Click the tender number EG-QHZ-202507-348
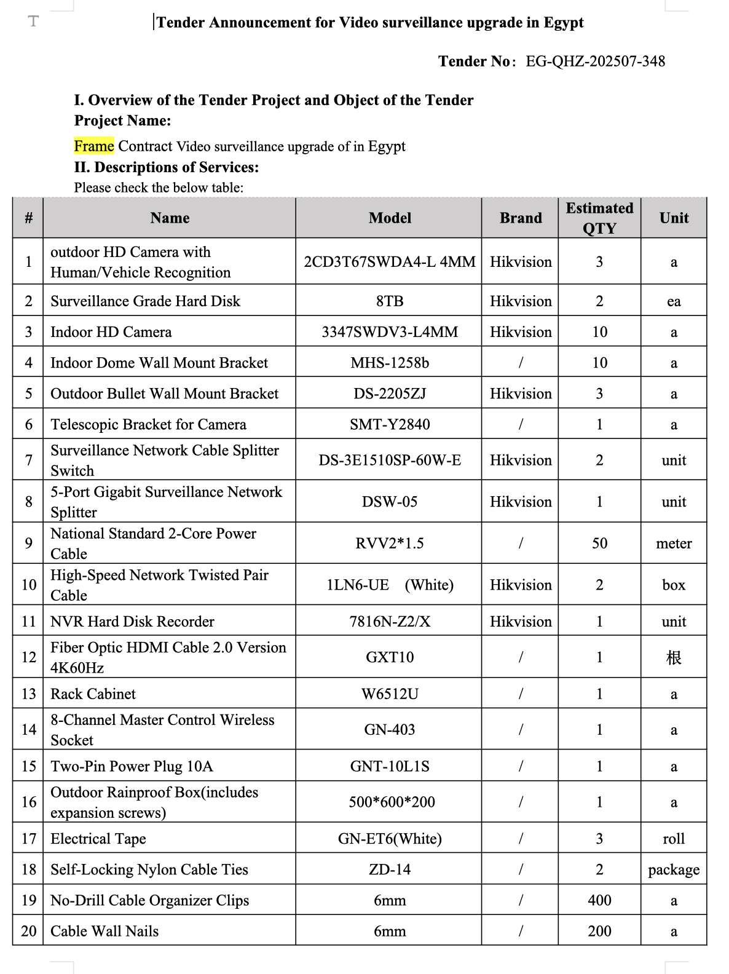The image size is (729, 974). [x=595, y=61]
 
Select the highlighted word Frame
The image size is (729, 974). [x=94, y=146]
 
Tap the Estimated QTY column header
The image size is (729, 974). [x=599, y=218]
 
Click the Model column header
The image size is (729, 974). [x=390, y=218]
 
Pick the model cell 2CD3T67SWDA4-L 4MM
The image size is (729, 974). [x=390, y=262]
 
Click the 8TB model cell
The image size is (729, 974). [x=390, y=301]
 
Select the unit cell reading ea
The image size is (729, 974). [x=674, y=301]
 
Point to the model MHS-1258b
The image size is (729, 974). [x=390, y=363]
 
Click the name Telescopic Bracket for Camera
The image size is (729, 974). [x=148, y=424]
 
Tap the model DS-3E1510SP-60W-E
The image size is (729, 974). [x=390, y=460]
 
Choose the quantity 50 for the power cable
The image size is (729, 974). [x=599, y=543]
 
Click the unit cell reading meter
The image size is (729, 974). [x=674, y=544]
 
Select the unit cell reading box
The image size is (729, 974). [x=674, y=585]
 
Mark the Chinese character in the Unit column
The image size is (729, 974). [x=674, y=657]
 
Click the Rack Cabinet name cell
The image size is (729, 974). [x=93, y=694]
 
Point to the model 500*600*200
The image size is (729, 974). [x=392, y=802]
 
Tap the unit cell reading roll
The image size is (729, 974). [x=674, y=839]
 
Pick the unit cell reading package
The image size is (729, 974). [x=674, y=869]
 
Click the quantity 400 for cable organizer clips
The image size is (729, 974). [x=599, y=900]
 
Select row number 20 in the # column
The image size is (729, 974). [x=28, y=931]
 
